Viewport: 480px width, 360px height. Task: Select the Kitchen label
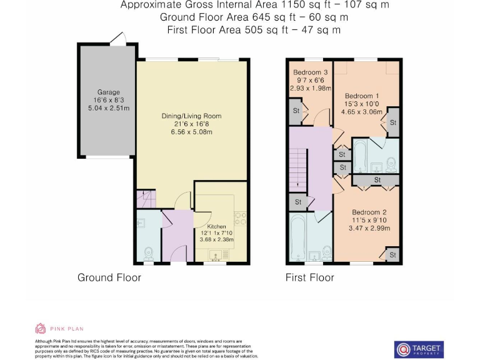click(x=216, y=226)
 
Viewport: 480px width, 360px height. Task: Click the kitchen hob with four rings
click(x=239, y=219)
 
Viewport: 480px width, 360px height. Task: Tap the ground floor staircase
click(x=146, y=199)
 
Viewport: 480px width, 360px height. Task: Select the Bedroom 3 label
click(x=310, y=72)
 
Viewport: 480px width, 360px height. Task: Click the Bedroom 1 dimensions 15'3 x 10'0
click(x=362, y=104)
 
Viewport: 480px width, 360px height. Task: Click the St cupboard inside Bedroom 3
click(x=296, y=111)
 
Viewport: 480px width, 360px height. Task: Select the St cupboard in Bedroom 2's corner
click(x=392, y=255)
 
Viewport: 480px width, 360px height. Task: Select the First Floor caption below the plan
click(x=309, y=277)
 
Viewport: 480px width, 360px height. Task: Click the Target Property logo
click(x=419, y=349)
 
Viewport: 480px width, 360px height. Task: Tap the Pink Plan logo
click(x=59, y=328)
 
